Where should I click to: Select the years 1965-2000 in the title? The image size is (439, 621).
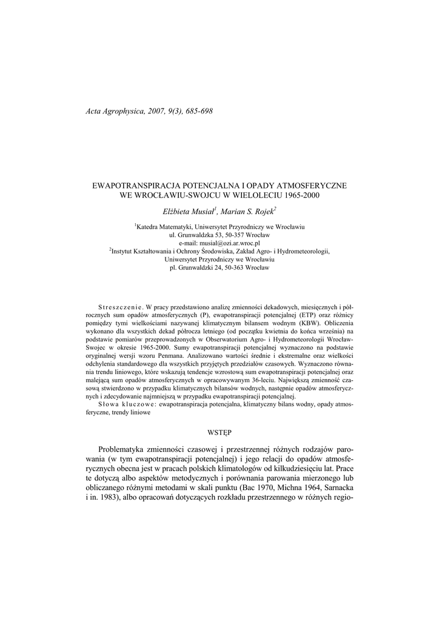[298, 196]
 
